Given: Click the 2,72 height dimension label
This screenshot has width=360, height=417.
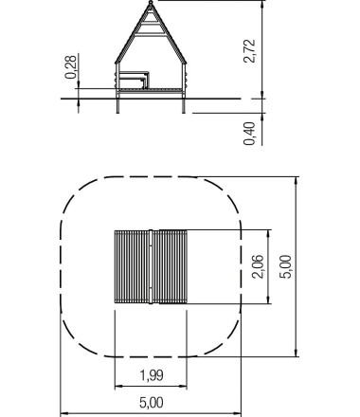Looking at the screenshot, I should tap(249, 49).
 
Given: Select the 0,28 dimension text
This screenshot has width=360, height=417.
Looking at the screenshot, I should tap(70, 66).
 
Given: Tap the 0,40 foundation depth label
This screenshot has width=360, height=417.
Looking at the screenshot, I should tap(249, 133).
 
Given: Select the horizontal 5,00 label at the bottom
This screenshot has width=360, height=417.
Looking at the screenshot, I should tap(151, 403).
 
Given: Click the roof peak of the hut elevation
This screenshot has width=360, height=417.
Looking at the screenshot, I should tap(150, 4).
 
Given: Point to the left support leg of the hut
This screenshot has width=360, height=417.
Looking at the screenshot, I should tap(117, 104).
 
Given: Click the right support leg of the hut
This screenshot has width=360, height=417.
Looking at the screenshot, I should tap(182, 104).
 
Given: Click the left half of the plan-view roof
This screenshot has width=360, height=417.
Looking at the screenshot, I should tap(132, 266).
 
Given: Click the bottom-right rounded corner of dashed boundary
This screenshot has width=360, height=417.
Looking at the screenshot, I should tap(227, 341).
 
